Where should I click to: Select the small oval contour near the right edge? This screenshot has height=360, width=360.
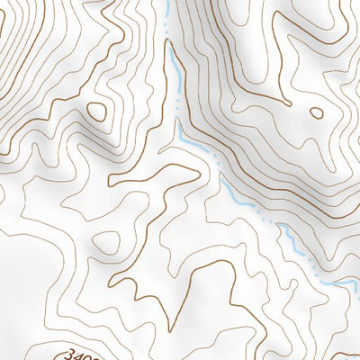tap(316, 112)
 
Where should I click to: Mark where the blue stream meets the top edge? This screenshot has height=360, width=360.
tap(169, 3)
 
